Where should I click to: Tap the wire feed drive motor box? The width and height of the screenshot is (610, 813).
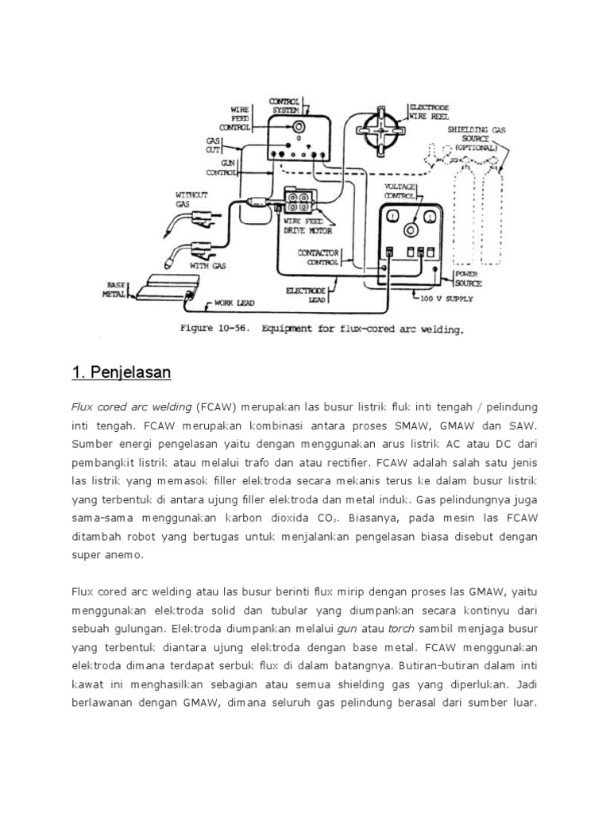pyautogui.click(x=301, y=202)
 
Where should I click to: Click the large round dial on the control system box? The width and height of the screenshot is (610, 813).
pyautogui.click(x=298, y=127)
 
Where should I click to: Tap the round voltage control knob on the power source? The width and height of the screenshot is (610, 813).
pyautogui.click(x=411, y=230)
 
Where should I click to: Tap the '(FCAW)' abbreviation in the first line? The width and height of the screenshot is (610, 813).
pyautogui.click(x=217, y=406)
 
